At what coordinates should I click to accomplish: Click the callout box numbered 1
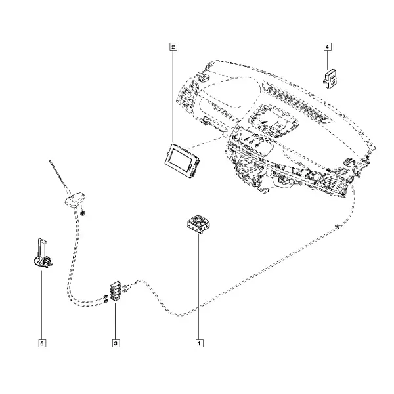199,343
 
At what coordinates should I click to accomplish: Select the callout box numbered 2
173,47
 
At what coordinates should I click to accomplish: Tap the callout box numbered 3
116,343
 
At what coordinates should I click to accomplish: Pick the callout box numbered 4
327,47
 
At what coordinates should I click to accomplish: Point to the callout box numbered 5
42,343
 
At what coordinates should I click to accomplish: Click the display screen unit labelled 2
182,160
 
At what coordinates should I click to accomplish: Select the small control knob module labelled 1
198,224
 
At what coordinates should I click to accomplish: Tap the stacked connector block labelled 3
116,292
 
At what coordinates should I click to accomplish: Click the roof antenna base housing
75,200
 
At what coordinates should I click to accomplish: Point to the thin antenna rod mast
60,176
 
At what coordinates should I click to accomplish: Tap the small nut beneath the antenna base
83,213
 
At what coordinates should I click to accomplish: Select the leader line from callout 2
173,97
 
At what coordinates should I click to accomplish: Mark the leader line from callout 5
42,305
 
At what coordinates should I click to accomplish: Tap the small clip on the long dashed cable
338,227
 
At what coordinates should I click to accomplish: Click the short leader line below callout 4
327,60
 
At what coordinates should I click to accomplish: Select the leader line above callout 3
116,321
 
